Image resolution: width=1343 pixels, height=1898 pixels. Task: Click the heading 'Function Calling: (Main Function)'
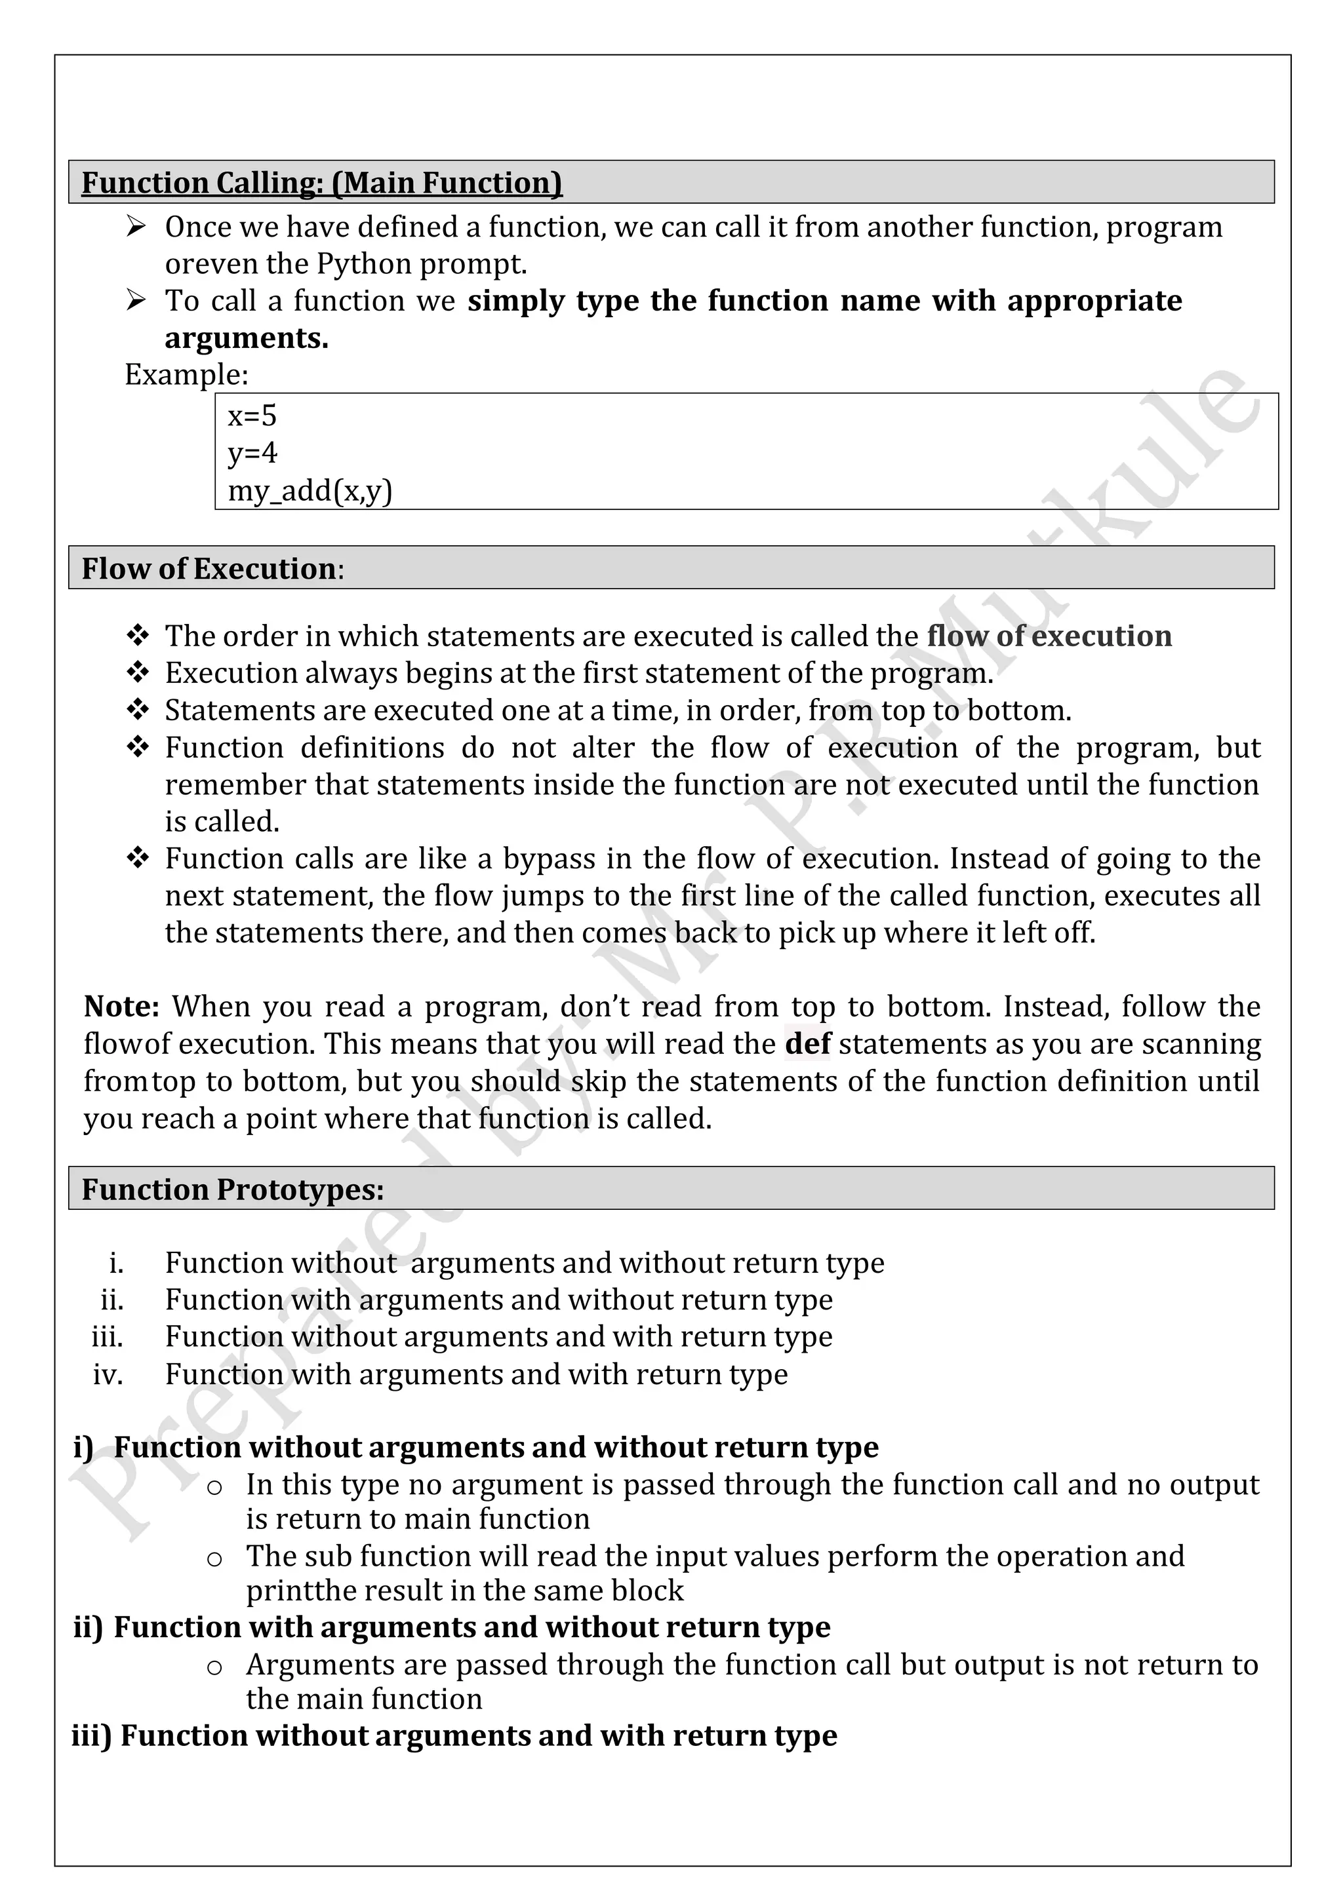click(322, 183)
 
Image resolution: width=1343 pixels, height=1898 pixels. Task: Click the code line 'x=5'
click(252, 416)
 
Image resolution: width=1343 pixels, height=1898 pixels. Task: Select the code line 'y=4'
click(252, 453)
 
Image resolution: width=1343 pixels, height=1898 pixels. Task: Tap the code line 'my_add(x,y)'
click(310, 491)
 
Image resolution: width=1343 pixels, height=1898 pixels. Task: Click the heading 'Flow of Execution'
click(209, 569)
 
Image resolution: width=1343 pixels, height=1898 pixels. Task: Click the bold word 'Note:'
click(121, 1007)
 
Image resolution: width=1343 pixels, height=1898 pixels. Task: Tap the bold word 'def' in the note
click(807, 1044)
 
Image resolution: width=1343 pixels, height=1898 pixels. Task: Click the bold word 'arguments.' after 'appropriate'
click(247, 338)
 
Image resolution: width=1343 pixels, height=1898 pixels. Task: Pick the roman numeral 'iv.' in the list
click(108, 1375)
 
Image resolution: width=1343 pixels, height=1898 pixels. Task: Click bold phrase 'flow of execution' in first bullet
click(1049, 636)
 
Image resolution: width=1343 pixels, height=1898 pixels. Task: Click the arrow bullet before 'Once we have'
click(136, 227)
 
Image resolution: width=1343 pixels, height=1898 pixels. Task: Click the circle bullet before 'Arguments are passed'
click(214, 1667)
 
